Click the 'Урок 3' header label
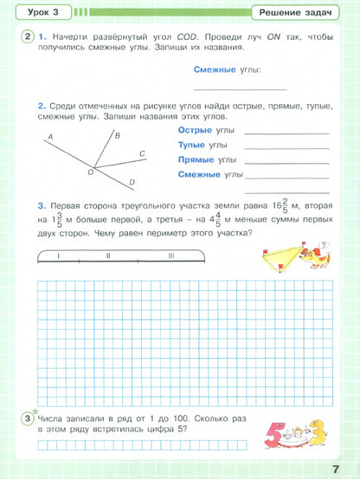38,12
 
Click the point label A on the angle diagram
50,137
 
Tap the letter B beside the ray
117,135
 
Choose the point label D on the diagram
132,182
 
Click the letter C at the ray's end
142,153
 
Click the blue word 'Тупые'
192,145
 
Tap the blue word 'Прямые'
196,160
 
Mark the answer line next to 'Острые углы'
286,133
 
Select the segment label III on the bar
171,256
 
